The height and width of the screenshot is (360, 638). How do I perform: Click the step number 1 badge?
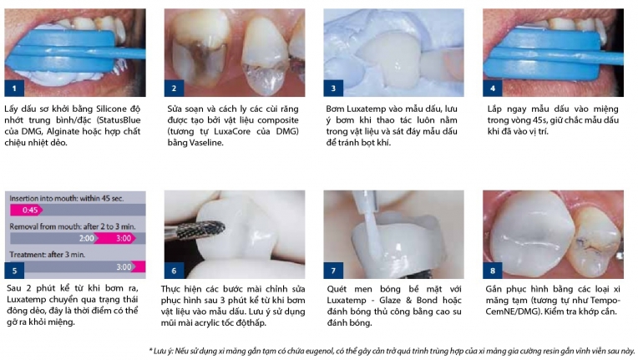(14, 89)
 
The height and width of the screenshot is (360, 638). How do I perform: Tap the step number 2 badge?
(174, 89)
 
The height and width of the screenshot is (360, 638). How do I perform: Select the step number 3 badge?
(333, 89)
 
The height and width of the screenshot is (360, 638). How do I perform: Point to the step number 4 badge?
(493, 89)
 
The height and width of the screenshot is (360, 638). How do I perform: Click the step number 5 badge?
(14, 271)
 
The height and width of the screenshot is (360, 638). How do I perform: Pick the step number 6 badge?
(174, 271)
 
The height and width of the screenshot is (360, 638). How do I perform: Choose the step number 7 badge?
(333, 271)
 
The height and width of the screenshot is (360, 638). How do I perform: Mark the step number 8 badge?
(493, 271)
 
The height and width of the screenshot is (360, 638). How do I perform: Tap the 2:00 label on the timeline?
(87, 238)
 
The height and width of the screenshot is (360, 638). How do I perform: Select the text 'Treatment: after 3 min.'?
(48, 255)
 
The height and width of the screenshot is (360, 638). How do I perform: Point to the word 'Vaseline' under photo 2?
(206, 143)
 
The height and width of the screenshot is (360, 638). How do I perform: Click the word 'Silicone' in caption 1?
(112, 109)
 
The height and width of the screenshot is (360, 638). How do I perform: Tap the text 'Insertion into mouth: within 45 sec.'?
(66, 199)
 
